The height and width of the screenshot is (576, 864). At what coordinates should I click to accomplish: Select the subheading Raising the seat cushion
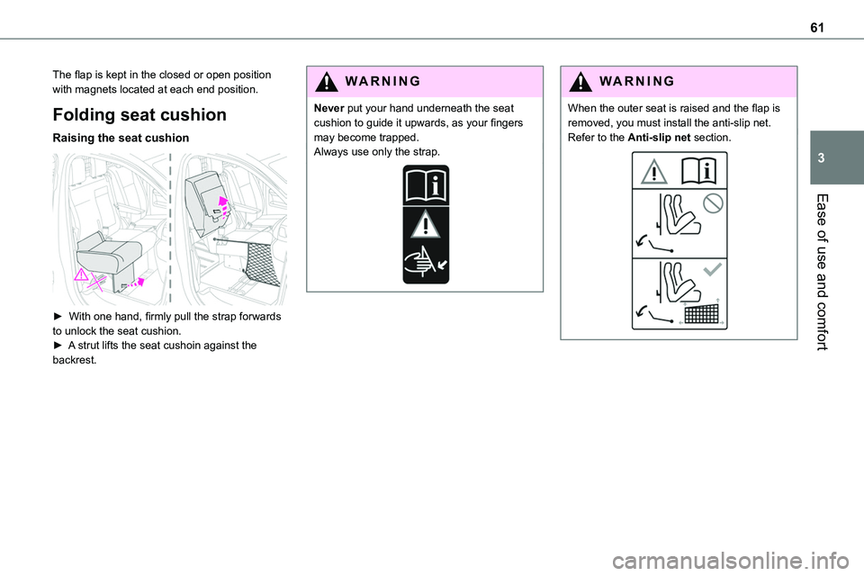point(120,139)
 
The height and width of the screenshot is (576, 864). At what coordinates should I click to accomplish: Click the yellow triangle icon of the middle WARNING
point(325,81)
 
